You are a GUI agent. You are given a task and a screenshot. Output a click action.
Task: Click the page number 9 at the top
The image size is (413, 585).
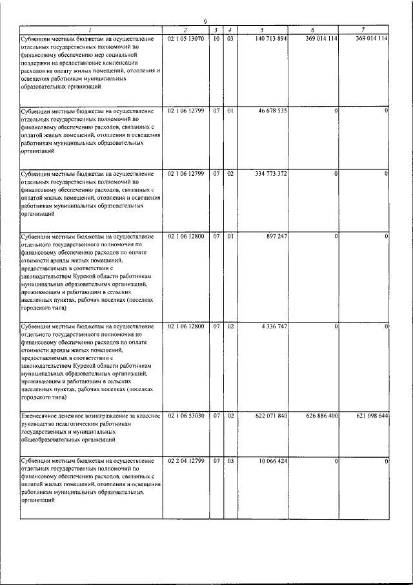[x=205, y=23]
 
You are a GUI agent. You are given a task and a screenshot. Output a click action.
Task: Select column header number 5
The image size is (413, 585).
[x=262, y=30]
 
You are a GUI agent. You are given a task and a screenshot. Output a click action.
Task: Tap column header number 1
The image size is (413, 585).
[x=90, y=30]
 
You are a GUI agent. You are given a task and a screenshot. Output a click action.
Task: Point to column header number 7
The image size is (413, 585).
[x=364, y=30]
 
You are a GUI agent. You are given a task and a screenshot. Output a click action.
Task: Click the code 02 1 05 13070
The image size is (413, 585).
[x=186, y=39]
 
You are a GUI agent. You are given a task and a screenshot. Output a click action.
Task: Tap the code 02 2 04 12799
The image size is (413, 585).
[x=186, y=460]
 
